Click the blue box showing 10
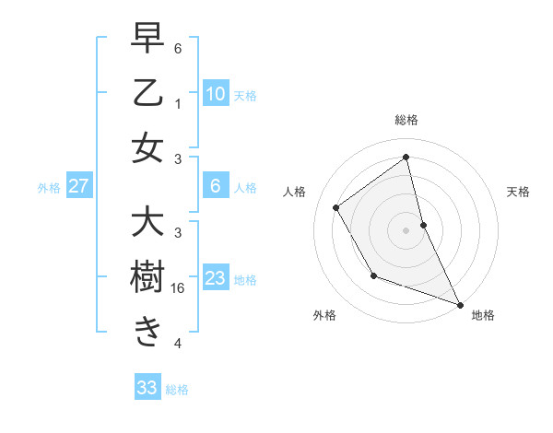click(215, 94)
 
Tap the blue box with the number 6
click(215, 187)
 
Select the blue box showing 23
click(215, 278)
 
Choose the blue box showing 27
click(78, 187)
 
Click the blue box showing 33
click(147, 388)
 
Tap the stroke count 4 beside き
click(178, 343)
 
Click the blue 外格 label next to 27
click(49, 188)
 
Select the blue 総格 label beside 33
click(177, 390)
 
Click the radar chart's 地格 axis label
click(483, 315)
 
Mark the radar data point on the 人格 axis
click(336, 207)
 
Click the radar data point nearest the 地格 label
click(460, 304)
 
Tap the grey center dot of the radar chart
click(406, 229)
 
